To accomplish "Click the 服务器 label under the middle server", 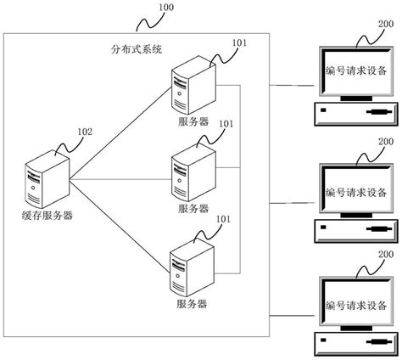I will click(x=192, y=208).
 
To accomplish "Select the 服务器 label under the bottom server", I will click(x=191, y=303).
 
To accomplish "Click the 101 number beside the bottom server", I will click(x=224, y=219).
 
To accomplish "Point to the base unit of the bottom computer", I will click(x=355, y=345).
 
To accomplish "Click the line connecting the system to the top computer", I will click(x=292, y=85).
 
